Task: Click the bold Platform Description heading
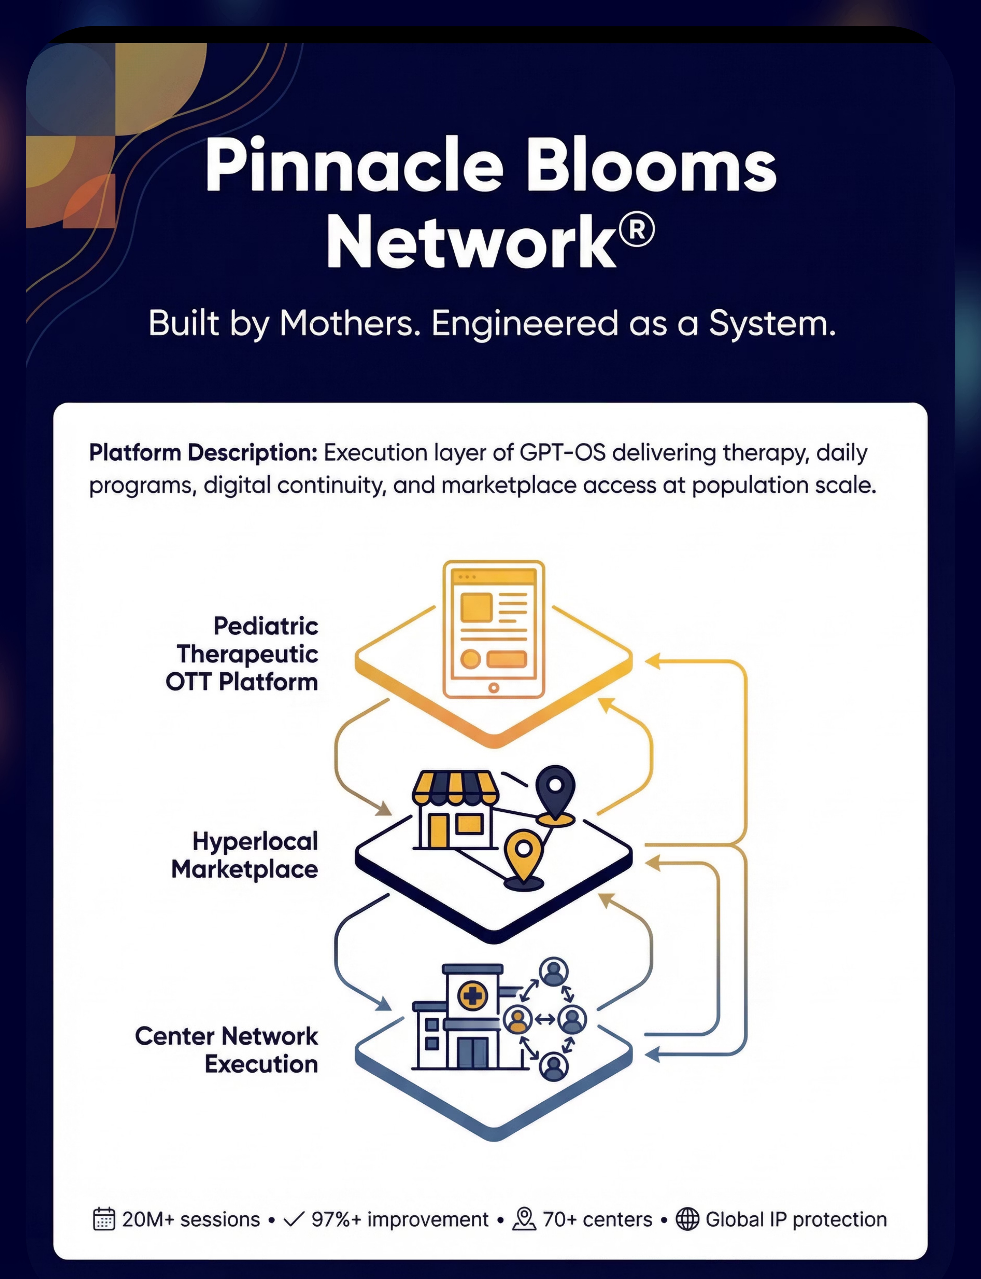click(203, 453)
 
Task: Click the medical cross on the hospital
click(472, 995)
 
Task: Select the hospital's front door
click(472, 1052)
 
